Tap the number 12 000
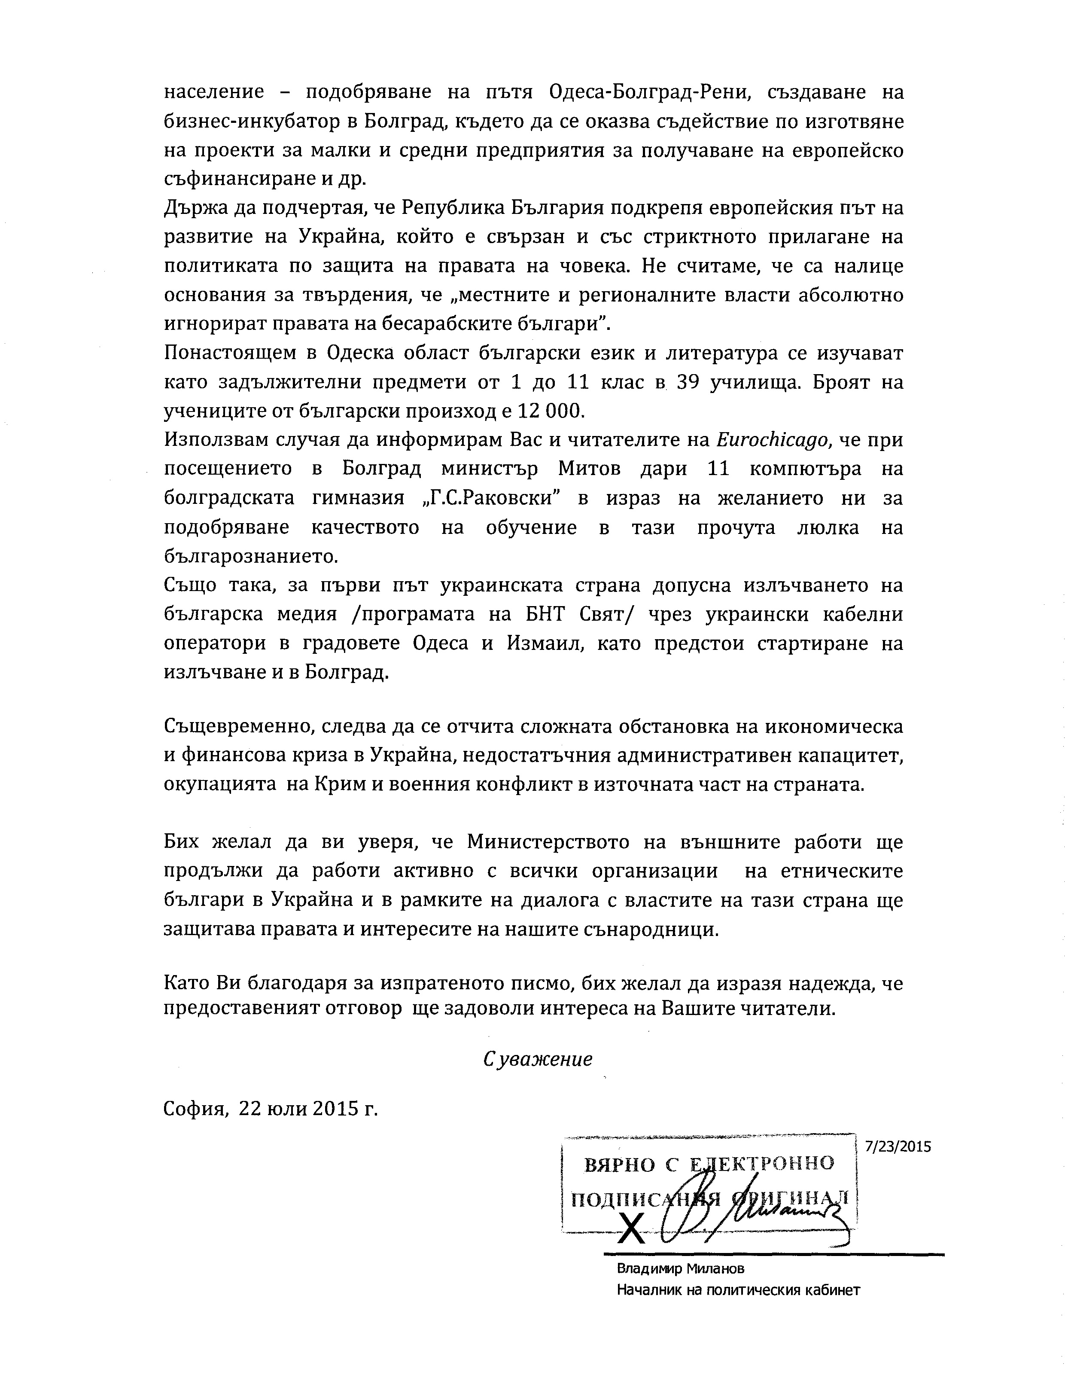(x=548, y=411)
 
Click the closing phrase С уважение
(x=538, y=1059)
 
